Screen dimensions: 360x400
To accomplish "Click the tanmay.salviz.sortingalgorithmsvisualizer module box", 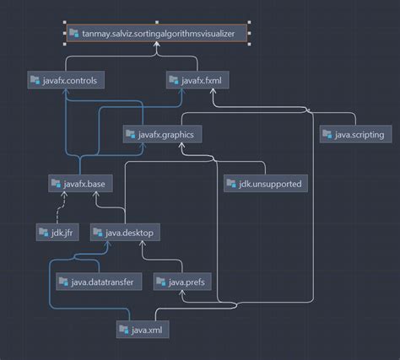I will (x=158, y=35).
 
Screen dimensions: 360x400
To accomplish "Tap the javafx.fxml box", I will (x=197, y=81).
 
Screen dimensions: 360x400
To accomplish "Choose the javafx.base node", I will (x=77, y=182).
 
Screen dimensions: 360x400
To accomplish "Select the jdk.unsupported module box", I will (x=266, y=182).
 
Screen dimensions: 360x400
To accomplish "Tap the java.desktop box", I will (x=125, y=231).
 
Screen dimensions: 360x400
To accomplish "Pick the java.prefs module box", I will (x=183, y=281).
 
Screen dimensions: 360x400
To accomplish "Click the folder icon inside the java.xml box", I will (x=125, y=330).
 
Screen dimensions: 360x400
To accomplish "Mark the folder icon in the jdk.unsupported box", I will (x=232, y=183).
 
